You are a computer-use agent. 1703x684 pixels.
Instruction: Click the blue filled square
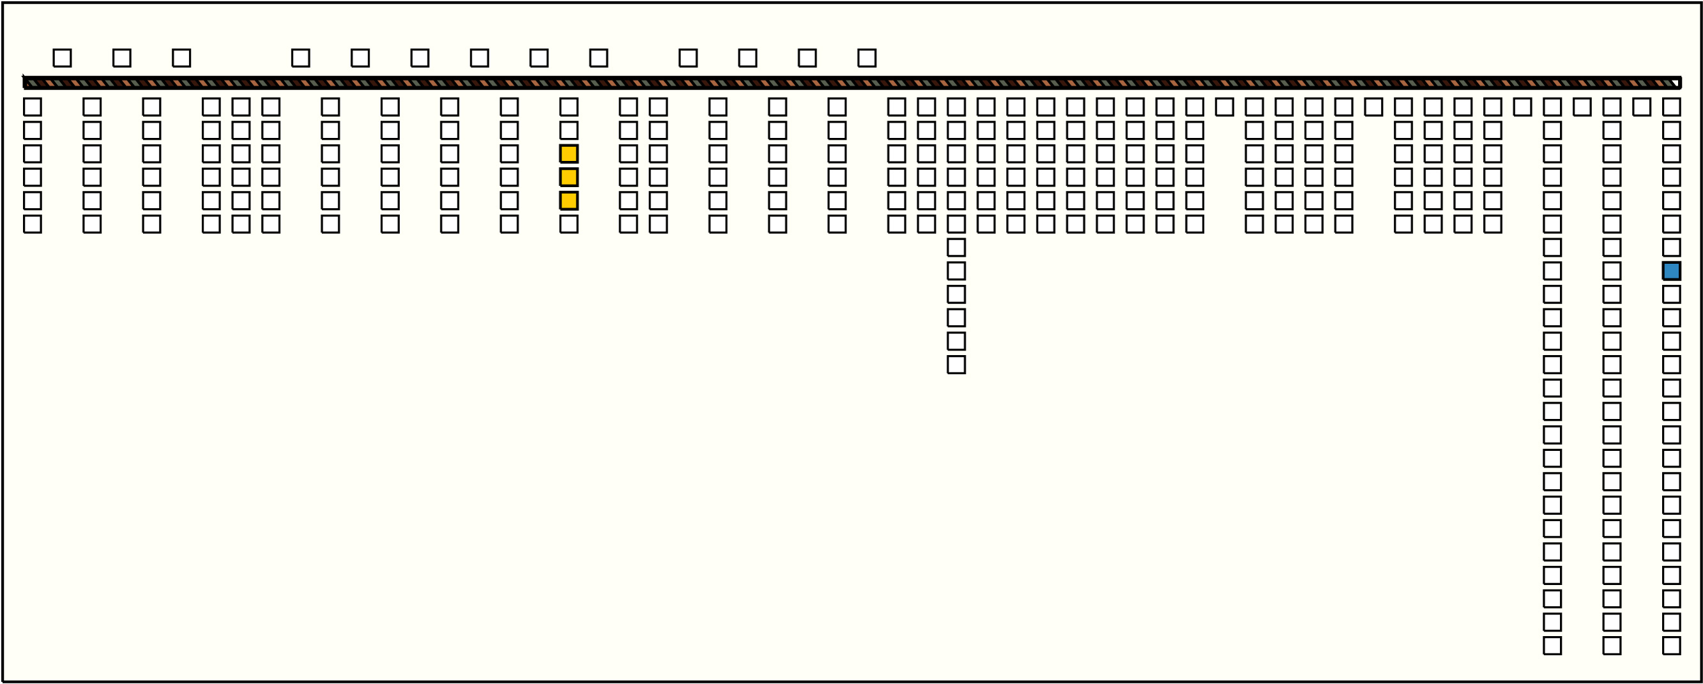pos(1671,271)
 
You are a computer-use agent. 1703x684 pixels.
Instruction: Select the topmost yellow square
pos(569,154)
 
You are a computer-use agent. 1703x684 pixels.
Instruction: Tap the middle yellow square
pos(569,177)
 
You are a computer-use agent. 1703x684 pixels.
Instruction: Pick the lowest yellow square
pos(569,201)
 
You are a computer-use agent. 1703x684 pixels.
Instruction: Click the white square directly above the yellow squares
pos(569,130)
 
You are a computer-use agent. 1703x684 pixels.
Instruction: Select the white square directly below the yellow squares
pos(569,224)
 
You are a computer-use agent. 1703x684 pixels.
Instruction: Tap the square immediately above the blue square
pos(1671,248)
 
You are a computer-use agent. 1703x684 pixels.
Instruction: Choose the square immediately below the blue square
pos(1671,294)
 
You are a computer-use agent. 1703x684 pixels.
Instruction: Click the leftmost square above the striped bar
pos(62,58)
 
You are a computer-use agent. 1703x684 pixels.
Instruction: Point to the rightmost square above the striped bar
pos(867,58)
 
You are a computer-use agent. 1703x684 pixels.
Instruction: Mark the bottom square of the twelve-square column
pos(956,365)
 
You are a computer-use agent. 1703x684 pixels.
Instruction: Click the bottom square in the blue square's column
pos(1671,646)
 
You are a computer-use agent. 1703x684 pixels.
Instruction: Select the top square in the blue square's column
pos(1671,107)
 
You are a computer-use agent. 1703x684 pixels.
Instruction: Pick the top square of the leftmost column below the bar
pos(33,107)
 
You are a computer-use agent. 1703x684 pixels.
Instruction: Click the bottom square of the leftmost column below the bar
pos(33,224)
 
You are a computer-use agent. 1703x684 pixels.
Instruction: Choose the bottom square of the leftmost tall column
pos(1552,646)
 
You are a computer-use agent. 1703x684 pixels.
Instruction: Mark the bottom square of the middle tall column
pos(1612,646)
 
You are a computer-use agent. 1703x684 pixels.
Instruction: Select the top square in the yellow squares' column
pos(569,107)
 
